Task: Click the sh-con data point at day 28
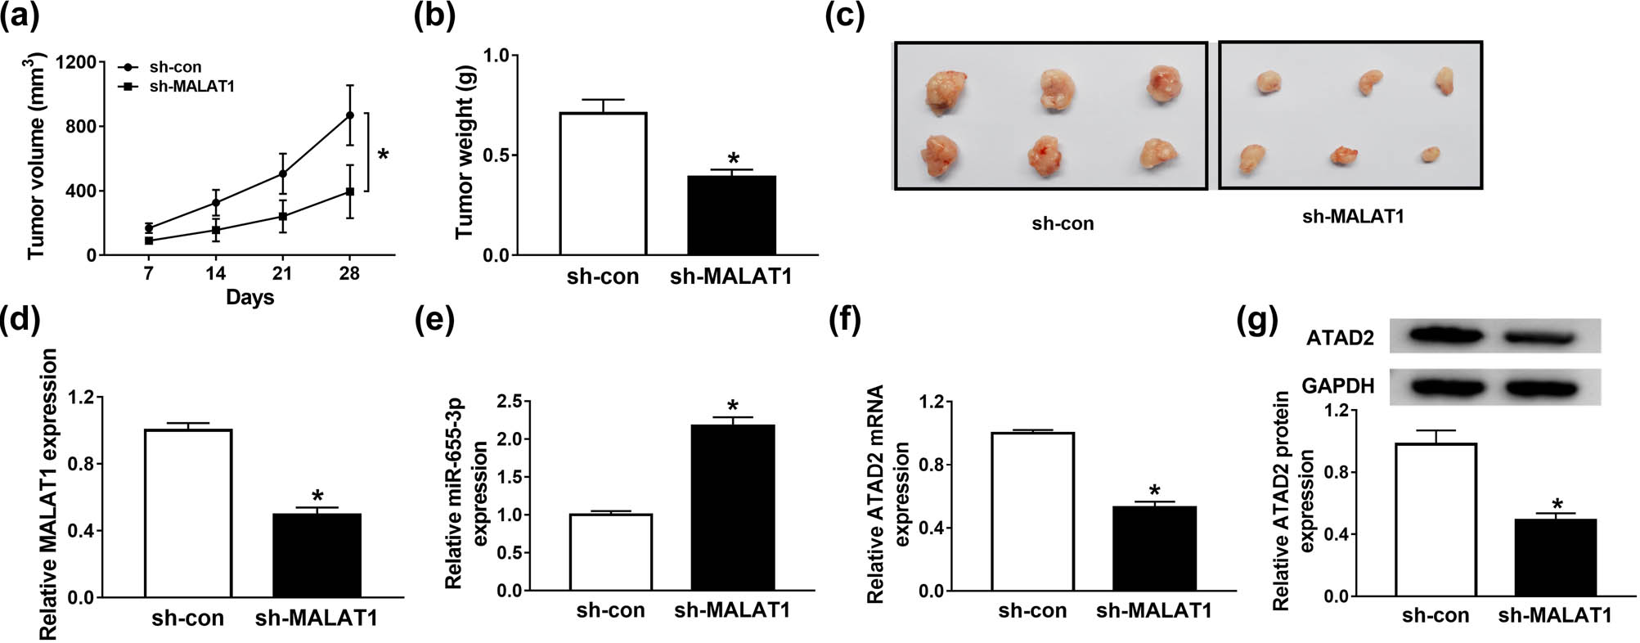tap(350, 115)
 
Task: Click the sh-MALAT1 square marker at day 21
tap(283, 217)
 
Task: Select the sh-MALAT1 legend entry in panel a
tap(191, 86)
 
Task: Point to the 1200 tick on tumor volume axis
tap(75, 62)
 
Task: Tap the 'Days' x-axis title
tap(249, 297)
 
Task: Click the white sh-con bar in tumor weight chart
tap(603, 184)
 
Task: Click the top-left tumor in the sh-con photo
tap(946, 91)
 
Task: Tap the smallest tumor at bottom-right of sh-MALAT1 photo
tap(1430, 155)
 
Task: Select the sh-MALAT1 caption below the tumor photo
tap(1353, 217)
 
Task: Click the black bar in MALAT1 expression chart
tap(317, 555)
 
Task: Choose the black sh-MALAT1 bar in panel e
tap(733, 507)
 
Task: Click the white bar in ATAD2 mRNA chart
tap(1032, 511)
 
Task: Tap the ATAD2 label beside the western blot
tap(1340, 338)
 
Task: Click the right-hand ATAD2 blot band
tap(1539, 337)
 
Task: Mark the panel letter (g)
tap(1256, 320)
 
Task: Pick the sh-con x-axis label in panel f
tap(1032, 610)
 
